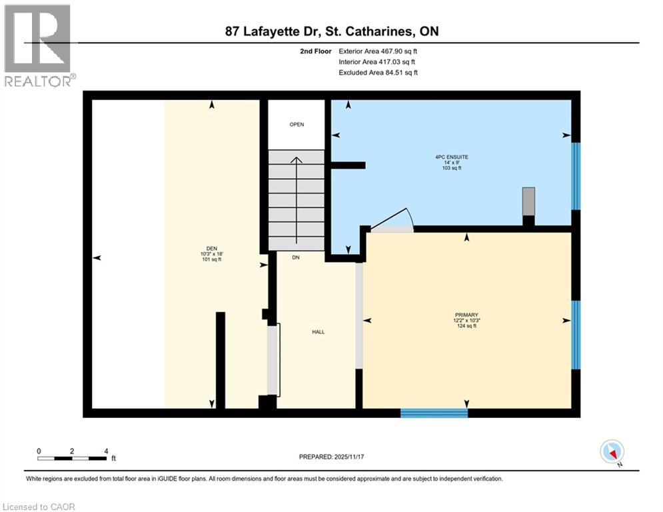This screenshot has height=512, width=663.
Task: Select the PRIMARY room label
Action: (466, 315)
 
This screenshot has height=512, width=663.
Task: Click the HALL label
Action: (319, 332)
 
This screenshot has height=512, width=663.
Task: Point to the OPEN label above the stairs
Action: (297, 125)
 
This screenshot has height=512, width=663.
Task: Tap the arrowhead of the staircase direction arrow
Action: (297, 160)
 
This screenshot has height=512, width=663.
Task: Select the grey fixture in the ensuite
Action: (528, 201)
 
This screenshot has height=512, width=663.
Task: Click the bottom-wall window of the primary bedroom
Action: (434, 413)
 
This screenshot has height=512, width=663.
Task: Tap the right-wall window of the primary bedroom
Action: (576, 325)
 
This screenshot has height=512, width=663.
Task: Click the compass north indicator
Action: (611, 451)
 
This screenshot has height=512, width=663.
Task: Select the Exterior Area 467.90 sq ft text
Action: (378, 51)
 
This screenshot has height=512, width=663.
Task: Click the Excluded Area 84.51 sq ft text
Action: (378, 73)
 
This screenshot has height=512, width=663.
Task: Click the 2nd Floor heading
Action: (317, 51)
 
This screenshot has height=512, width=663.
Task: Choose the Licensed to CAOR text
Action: (39, 507)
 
